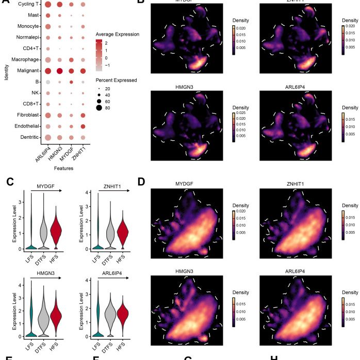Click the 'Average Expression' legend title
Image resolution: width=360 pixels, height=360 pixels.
click(x=118, y=35)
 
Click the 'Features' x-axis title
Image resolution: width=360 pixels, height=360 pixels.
click(x=66, y=168)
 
